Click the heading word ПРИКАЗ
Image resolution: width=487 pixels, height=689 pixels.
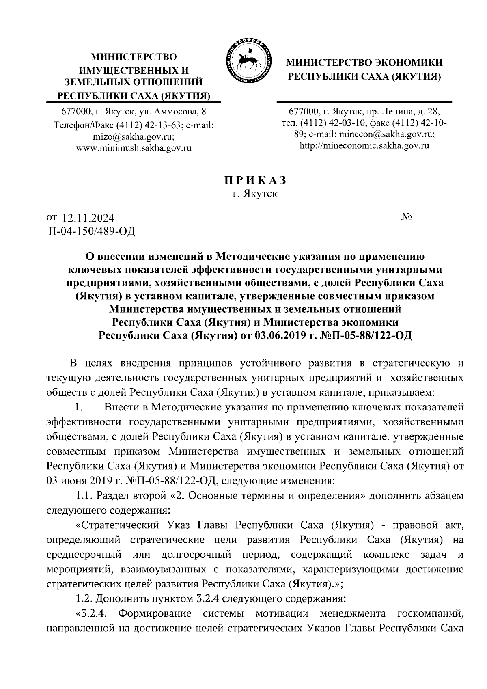pyautogui.click(x=255, y=180)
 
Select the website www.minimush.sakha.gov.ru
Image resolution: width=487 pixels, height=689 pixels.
pyautogui.click(x=134, y=148)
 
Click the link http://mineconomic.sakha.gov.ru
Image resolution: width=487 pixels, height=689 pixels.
pyautogui.click(x=364, y=145)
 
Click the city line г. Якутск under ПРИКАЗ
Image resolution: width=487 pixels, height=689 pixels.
pyautogui.click(x=255, y=194)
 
